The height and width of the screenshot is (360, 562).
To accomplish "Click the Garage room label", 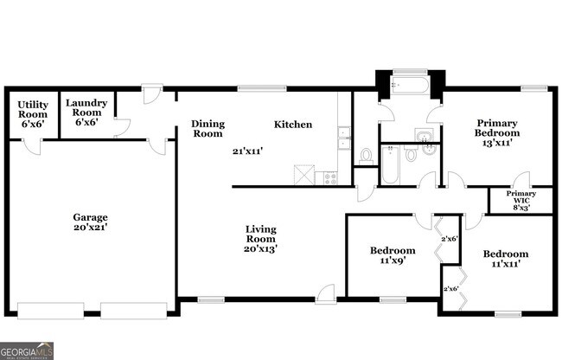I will tap(90, 217).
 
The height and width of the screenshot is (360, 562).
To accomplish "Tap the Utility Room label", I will tap(33, 108).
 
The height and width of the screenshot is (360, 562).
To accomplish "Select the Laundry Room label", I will tap(86, 107).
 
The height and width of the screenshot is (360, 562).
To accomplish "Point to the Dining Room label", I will tap(208, 128).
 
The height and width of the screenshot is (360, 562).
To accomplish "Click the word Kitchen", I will tap(293, 125).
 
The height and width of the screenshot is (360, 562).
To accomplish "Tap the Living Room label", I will tap(259, 234).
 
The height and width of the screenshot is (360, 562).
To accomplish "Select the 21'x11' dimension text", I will tap(247, 151).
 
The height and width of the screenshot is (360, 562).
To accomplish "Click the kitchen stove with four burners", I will tap(329, 177).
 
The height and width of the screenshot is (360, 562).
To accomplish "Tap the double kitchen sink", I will tap(344, 138).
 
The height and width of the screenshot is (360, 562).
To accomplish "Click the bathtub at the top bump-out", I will tap(409, 87).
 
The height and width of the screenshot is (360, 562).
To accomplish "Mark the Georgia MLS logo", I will tap(27, 350).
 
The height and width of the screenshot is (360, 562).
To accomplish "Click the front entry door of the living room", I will tap(325, 294).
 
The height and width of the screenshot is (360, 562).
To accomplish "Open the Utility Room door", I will tap(33, 145).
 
